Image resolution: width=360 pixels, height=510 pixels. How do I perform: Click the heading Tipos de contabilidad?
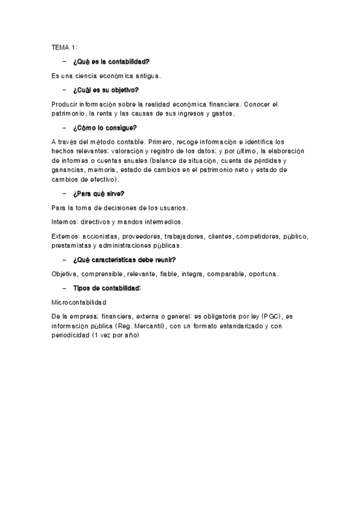(106, 289)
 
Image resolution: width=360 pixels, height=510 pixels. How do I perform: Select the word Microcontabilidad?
(79, 302)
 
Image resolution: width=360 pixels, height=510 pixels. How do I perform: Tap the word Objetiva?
(65, 274)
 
